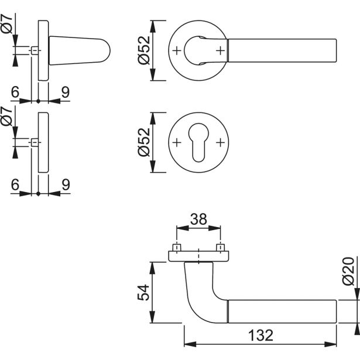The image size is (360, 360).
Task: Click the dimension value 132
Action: [260, 335]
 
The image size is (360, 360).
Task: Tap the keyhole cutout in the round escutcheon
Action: [198, 141]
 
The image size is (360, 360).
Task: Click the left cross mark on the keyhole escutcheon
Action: [177, 142]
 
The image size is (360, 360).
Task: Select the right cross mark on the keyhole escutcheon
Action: [220, 142]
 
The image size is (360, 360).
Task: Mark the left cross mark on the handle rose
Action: [177, 50]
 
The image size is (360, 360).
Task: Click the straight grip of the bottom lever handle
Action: [281, 310]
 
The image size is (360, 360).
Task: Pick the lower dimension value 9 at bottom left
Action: [66, 184]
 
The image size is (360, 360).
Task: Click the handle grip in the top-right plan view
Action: [281, 50]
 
